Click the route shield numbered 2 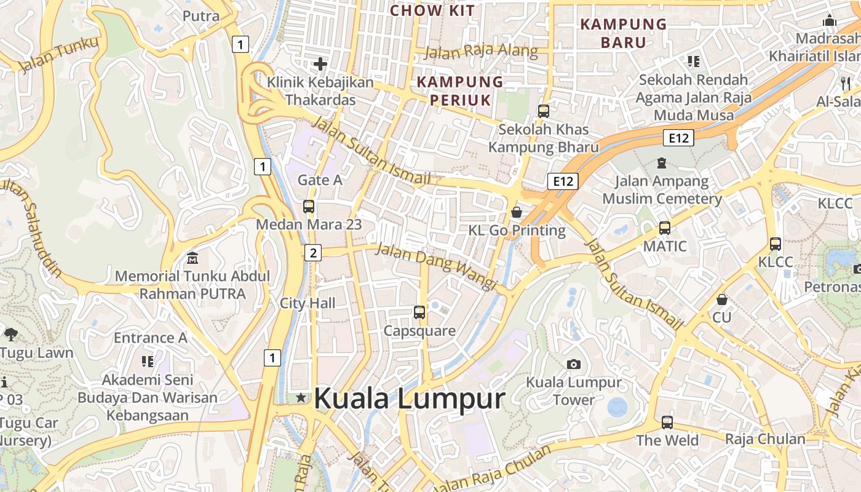point(313,252)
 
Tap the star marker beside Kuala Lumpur point(301,398)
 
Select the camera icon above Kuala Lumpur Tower point(574,364)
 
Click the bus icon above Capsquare point(419,312)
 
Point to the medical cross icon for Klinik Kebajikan point(320,63)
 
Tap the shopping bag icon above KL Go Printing point(517,212)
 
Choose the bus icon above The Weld point(667,423)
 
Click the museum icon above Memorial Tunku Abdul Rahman point(192,258)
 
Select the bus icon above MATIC point(665,228)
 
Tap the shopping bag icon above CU point(722,300)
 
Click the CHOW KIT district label point(433,10)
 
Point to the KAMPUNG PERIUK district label point(460,90)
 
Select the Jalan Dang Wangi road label point(435,266)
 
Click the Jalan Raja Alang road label point(481,52)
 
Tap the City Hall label point(307,303)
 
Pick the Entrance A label point(150,338)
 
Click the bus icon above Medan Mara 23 point(309,207)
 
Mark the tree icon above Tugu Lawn point(10,335)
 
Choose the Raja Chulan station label point(765,439)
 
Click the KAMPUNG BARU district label point(624,33)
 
